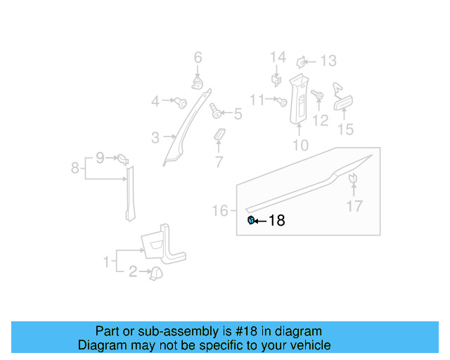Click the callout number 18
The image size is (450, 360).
point(277,221)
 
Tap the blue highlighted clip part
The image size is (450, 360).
point(251,221)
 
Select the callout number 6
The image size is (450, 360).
point(198,58)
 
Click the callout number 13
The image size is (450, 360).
point(238,113)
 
